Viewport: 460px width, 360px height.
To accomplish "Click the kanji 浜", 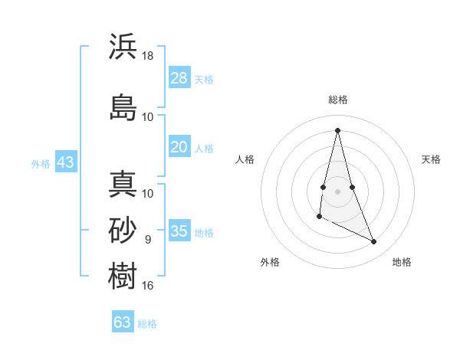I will tap(123, 46).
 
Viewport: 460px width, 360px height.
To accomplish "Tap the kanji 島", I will tap(123, 106).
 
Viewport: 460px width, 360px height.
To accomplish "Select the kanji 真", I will tap(123, 185).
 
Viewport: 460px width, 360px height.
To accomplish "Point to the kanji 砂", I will tap(123, 229).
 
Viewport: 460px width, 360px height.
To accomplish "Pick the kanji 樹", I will tap(123, 274).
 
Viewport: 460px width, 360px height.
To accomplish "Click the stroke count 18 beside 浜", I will tap(149, 56).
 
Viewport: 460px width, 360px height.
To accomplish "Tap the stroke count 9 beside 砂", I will tap(147, 240).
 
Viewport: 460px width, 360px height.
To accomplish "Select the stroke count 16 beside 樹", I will tap(148, 286).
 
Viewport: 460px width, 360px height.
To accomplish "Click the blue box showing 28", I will tap(179, 77).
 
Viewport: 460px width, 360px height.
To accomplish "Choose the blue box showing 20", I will tap(179, 147).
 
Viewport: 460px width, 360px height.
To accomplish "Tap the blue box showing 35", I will tap(179, 231).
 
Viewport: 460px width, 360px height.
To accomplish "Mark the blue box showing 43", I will tap(65, 162).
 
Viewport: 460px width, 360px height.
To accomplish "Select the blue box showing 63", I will tap(123, 322).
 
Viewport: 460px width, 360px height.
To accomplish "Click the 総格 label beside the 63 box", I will tap(147, 324).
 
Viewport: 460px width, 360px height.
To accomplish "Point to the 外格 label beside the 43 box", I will tap(41, 163).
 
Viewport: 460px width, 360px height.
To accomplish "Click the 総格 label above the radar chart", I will tap(337, 100).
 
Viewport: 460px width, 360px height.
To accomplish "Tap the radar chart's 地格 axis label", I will tap(402, 262).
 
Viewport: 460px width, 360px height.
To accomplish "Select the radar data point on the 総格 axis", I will tap(337, 129).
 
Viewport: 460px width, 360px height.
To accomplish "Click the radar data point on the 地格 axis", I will tap(374, 242).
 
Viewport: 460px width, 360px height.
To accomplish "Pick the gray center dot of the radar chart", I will tap(337, 191).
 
